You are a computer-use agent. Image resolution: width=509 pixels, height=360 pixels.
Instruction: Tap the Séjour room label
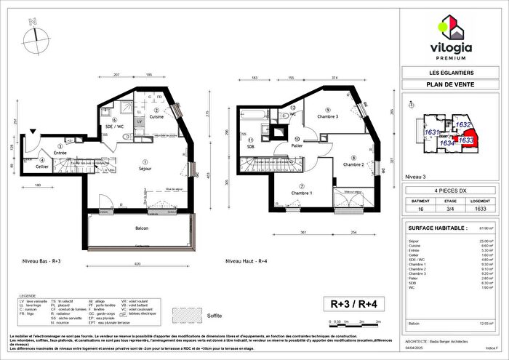145,167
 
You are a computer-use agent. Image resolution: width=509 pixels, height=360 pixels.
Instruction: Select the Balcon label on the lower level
142,228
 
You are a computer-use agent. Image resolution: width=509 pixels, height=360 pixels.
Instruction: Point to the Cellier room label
43,167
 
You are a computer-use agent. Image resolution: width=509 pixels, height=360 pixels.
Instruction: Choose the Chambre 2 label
353,164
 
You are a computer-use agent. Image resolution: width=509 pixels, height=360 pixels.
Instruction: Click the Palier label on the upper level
298,145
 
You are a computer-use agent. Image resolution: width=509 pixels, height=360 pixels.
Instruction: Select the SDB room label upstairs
250,146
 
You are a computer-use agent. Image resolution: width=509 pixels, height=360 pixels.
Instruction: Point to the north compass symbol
34,32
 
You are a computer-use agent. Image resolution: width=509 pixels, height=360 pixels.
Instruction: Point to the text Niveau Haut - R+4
249,260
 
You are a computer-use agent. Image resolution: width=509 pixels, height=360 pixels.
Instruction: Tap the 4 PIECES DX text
449,189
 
